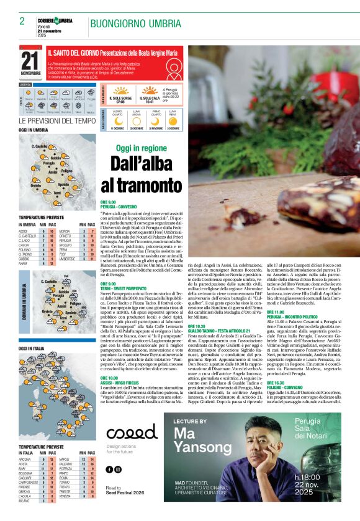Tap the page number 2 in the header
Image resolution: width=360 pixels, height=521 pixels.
point(22,21)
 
